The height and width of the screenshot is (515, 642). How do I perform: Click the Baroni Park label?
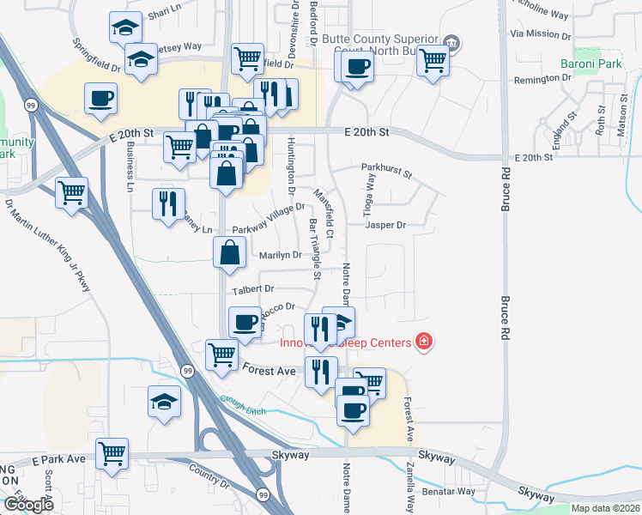pos(591,64)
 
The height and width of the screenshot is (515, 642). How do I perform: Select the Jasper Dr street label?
pos(385,225)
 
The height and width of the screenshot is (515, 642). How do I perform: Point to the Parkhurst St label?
pos(387,172)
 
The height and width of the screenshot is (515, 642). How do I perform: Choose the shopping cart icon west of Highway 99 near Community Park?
pos(71,191)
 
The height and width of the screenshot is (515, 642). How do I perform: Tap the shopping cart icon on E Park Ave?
pos(112,454)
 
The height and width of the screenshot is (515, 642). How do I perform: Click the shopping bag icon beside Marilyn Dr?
pos(229,252)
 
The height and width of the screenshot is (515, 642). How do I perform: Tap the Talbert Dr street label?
pos(251,289)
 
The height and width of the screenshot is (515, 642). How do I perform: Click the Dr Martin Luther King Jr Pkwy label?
pos(48,245)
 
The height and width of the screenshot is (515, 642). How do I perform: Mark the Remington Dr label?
pos(542,79)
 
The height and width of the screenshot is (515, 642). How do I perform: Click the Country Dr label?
pos(207,477)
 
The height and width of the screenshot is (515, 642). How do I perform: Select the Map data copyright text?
pos(604,508)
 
